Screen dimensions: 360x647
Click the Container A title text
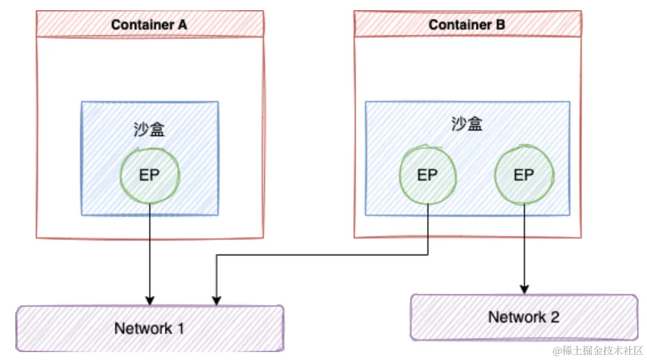(x=149, y=24)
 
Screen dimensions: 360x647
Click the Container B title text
(x=467, y=24)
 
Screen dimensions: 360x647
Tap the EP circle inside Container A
(x=149, y=175)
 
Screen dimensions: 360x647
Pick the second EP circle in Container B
(x=523, y=175)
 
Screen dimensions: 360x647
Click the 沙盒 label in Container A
(x=149, y=130)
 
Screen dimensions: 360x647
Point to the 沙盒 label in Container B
(x=467, y=124)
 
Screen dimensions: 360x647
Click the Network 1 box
(x=149, y=328)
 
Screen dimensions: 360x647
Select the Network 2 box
(x=523, y=317)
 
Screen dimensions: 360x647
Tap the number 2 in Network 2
(x=554, y=317)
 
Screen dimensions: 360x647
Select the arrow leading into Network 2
(x=523, y=250)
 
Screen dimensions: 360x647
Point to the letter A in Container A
(x=182, y=24)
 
